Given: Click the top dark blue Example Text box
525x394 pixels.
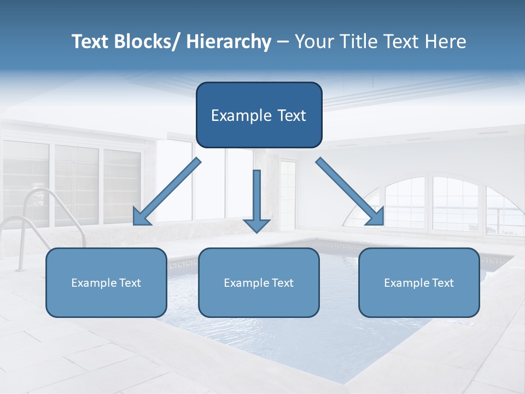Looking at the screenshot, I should [259, 115].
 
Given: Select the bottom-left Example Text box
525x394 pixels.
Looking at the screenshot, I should [106, 282].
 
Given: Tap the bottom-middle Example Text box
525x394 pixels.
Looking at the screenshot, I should [259, 282].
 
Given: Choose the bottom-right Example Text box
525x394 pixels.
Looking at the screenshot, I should [419, 282].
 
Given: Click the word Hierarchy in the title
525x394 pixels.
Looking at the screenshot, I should [229, 42].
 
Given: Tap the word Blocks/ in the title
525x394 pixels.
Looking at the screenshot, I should [145, 42].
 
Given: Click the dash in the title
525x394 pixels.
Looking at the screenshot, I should [283, 42].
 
